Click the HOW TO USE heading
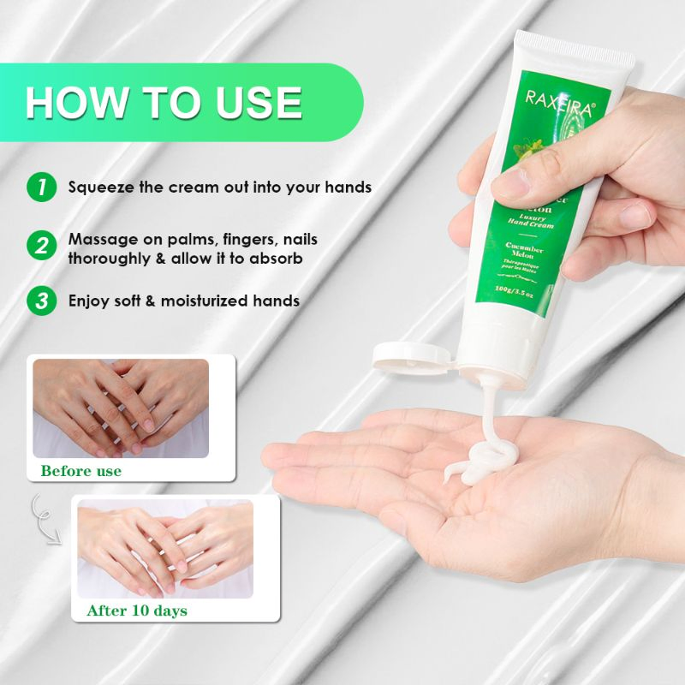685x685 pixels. point(164,102)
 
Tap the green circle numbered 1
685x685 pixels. point(40,187)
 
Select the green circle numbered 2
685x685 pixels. point(40,247)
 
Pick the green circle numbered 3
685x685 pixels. point(40,301)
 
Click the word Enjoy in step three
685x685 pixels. point(89,301)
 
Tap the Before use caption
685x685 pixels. point(80,471)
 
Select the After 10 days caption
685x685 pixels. point(137,611)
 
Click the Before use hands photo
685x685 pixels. point(121,408)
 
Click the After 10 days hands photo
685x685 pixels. point(165,548)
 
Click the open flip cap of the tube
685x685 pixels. point(411,355)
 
